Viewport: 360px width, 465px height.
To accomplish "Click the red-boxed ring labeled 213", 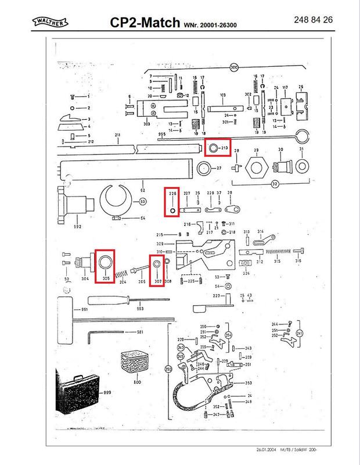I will click(x=214, y=149).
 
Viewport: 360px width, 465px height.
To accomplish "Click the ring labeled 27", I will click(x=204, y=169).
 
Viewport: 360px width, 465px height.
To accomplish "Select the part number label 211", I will click(x=117, y=135).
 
